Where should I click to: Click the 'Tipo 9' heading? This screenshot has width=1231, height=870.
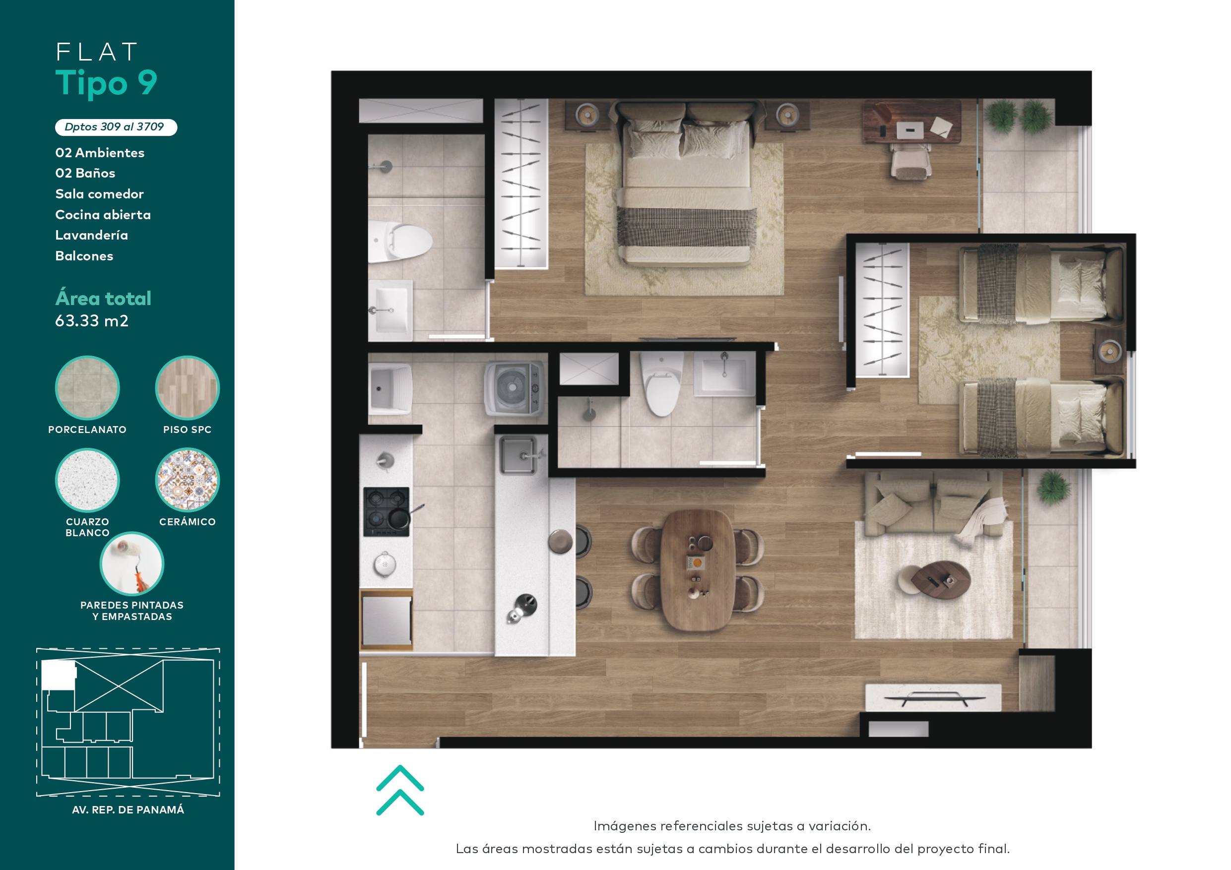coord(106,83)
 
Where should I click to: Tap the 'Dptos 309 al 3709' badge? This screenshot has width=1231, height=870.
coord(116,127)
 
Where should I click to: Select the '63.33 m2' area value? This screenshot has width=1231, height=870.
coord(92,320)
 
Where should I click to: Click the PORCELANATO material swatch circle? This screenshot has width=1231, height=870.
coord(87,387)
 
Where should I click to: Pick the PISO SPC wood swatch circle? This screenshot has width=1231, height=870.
coord(187,387)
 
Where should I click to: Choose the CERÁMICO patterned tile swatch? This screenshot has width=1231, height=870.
coord(187,480)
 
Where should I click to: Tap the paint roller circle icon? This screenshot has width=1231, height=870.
coord(132,563)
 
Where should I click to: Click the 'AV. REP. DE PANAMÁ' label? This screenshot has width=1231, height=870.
coord(128,809)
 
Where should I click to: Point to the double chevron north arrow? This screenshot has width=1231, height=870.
coord(400,790)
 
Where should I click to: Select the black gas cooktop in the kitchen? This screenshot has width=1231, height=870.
coord(387,511)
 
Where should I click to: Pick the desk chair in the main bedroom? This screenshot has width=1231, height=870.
coord(910,161)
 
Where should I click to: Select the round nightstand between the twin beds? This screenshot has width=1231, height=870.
coord(1109,352)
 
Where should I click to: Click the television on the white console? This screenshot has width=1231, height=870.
coord(934,698)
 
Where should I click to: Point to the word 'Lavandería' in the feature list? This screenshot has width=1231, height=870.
coord(92,235)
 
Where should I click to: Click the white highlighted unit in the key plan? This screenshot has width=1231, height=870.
coord(59,676)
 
